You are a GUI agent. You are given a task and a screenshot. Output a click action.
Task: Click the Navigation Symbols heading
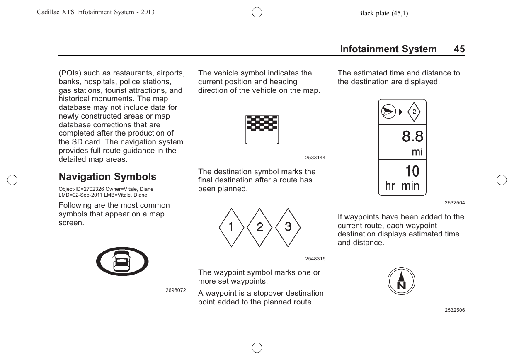click(108, 177)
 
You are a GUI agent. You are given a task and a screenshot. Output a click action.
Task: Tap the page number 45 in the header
click(459, 49)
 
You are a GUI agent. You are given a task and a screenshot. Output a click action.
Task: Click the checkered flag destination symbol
click(262, 129)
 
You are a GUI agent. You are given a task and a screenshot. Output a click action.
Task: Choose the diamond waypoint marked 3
click(287, 227)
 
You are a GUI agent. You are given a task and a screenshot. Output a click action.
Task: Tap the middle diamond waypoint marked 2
click(259, 227)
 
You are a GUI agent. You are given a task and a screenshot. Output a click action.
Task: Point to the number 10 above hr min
click(412, 171)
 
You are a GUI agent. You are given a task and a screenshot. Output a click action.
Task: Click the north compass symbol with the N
click(401, 281)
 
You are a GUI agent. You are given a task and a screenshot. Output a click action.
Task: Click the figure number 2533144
click(315, 158)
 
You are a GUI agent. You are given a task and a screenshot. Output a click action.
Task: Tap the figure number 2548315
click(315, 259)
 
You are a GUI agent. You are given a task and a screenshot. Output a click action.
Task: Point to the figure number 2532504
click(454, 203)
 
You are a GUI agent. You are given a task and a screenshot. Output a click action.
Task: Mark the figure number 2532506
click(454, 310)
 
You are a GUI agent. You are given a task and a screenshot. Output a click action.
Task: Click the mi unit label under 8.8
click(417, 152)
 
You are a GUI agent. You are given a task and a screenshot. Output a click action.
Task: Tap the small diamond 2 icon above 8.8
click(414, 111)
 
